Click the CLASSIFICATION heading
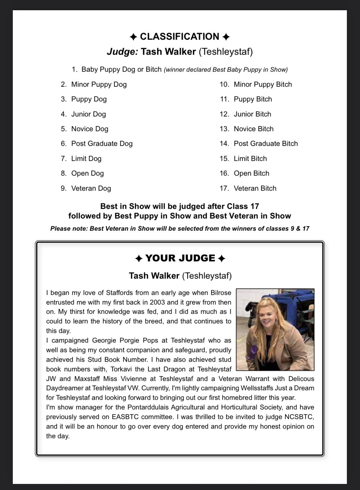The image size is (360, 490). (x=180, y=36)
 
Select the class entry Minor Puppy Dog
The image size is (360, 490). (x=99, y=84)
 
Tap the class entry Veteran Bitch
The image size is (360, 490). (x=255, y=188)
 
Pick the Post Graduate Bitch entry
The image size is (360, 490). (x=266, y=144)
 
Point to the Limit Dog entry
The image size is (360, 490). (x=86, y=159)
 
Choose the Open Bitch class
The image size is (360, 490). (x=252, y=173)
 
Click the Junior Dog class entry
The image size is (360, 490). (x=88, y=114)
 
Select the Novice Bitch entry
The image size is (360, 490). (x=253, y=129)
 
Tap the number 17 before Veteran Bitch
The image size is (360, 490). (x=224, y=188)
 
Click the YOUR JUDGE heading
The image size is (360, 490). (x=180, y=258)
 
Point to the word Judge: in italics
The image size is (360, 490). (x=123, y=51)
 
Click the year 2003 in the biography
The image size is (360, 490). (x=157, y=302)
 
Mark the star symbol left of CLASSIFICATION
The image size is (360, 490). (x=133, y=37)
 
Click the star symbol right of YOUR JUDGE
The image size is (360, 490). (x=221, y=258)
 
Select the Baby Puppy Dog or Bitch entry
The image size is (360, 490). (x=121, y=69)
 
